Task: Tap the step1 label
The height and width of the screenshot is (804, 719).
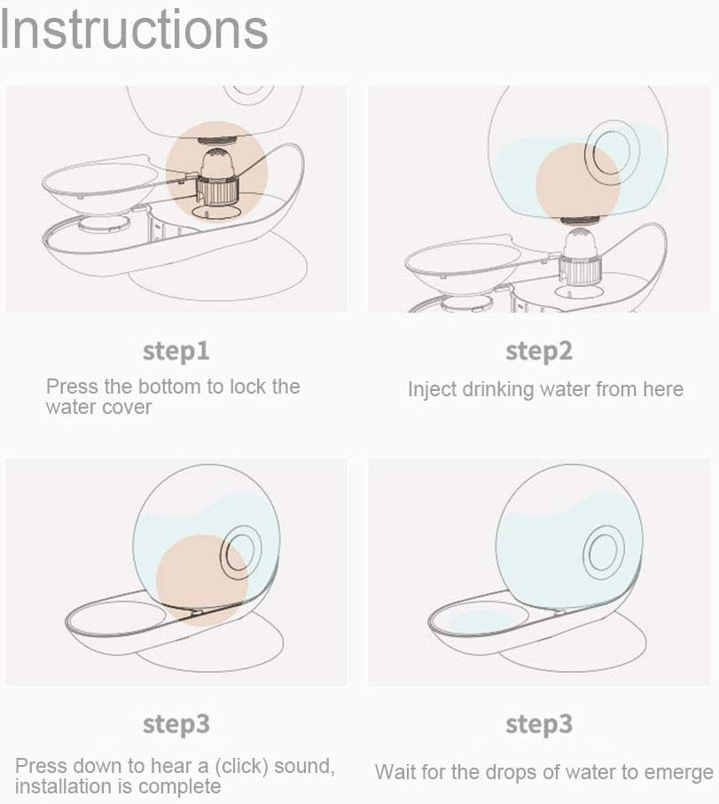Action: (176, 352)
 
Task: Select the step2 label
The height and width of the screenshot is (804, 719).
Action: (539, 352)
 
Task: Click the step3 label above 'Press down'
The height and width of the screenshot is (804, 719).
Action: (176, 724)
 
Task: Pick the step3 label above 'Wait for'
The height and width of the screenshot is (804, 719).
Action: (539, 724)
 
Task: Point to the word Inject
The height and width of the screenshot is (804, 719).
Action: (432, 390)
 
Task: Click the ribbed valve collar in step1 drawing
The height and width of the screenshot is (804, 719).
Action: (217, 191)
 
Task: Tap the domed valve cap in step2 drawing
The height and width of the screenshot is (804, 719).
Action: (580, 244)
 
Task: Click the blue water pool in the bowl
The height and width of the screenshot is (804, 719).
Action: (481, 621)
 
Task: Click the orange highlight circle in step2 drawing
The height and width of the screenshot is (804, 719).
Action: (578, 184)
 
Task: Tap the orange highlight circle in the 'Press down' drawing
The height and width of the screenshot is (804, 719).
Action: (202, 581)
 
